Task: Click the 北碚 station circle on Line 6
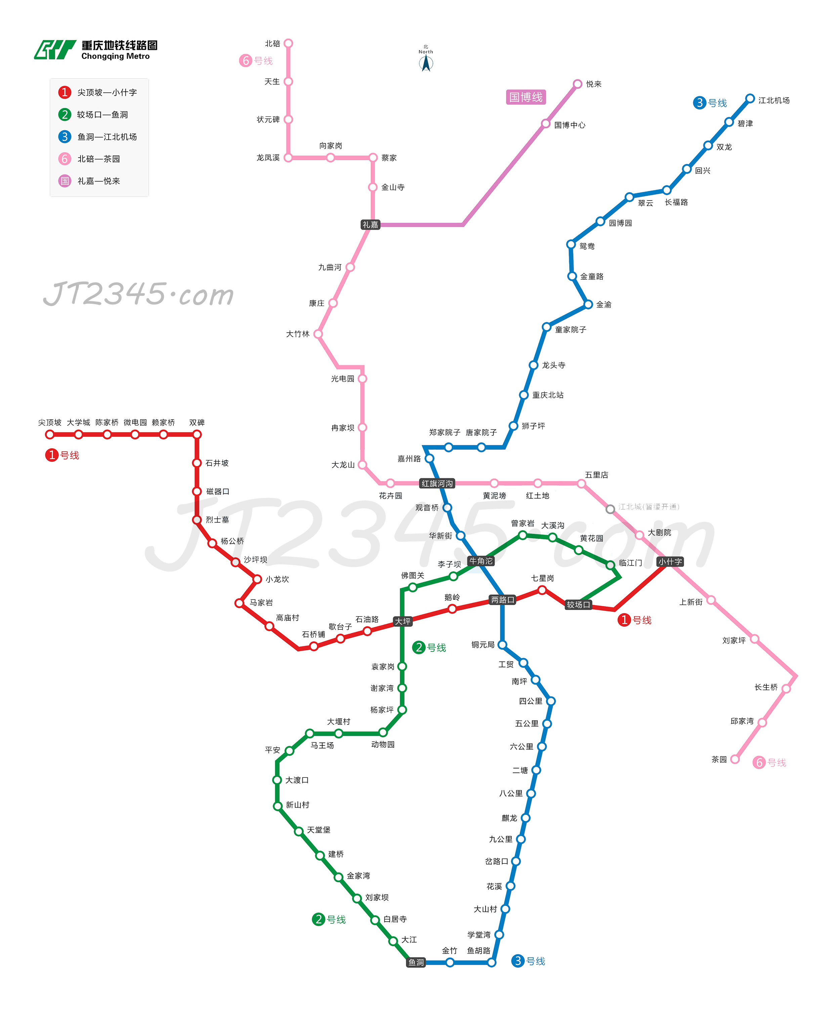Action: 288,43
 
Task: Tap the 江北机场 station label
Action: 774,100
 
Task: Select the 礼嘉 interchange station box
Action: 371,224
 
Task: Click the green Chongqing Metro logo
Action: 55,49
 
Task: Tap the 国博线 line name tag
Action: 526,97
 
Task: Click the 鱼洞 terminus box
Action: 416,962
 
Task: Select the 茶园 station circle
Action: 735,759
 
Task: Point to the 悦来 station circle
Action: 578,84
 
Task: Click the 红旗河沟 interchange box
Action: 437,484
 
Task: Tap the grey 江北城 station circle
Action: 610,509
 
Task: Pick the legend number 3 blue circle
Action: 65,136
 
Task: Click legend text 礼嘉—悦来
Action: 99,181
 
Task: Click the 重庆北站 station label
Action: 548,395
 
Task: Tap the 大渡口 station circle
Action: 277,780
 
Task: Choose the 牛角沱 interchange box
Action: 481,561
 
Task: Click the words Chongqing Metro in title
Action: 115,56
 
